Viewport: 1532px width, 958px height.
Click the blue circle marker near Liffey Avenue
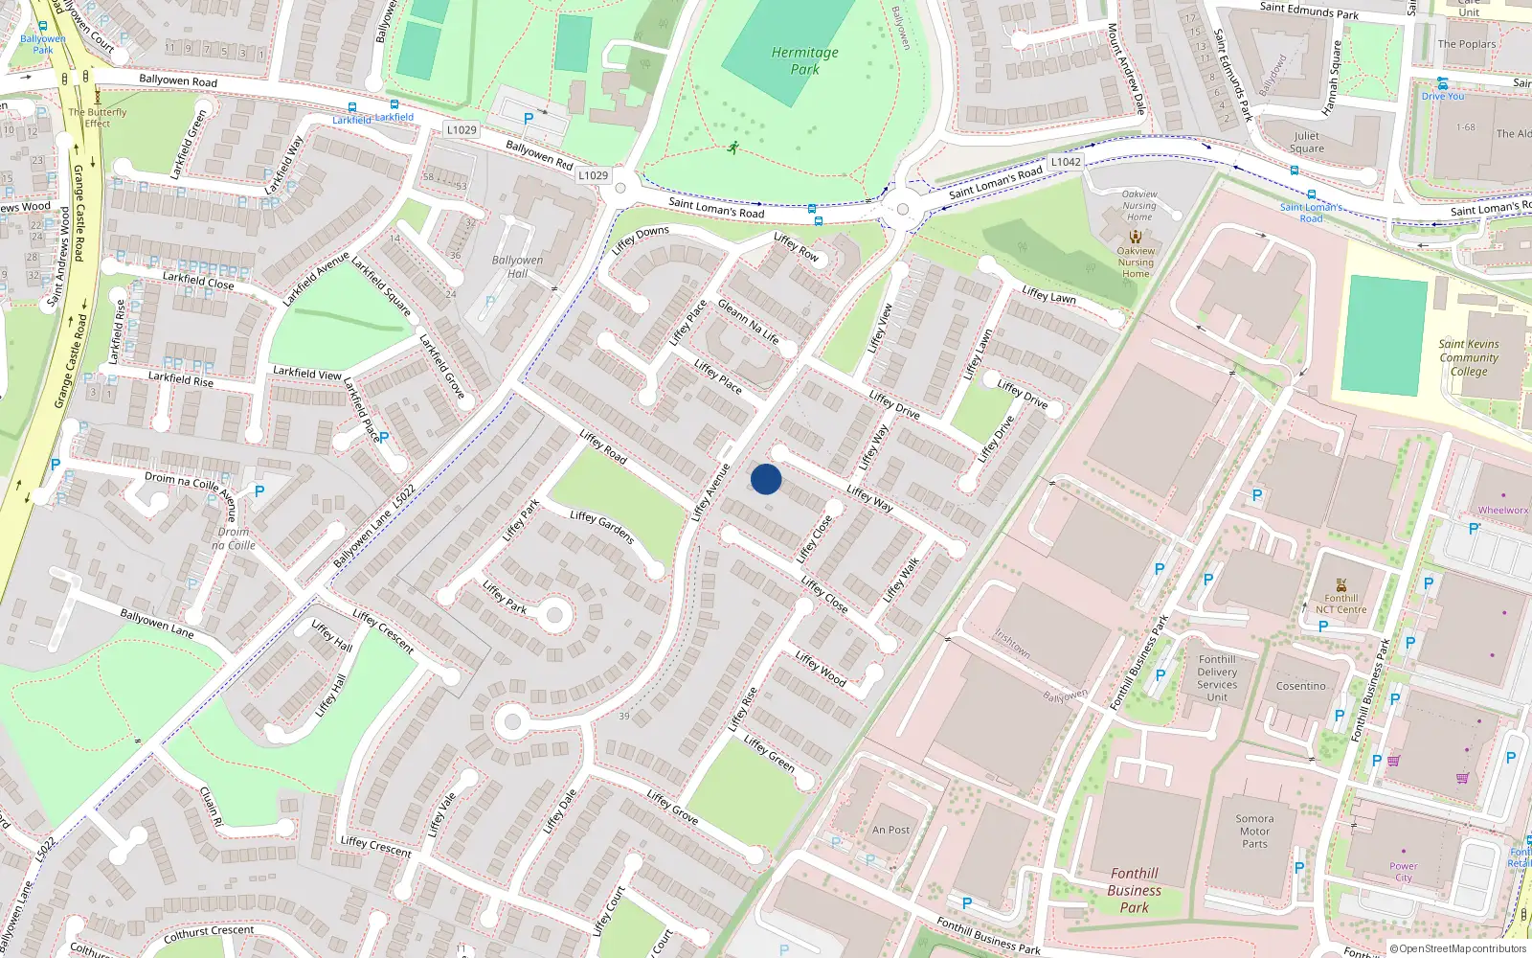tap(766, 479)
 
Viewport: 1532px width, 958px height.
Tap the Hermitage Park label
tap(804, 60)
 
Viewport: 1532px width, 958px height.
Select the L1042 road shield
tap(1066, 162)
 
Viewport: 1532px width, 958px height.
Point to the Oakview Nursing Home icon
tap(1136, 237)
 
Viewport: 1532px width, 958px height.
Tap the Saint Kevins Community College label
tap(1469, 357)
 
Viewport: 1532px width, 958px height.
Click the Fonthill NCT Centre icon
tap(1340, 584)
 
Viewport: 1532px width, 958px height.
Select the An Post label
tap(890, 830)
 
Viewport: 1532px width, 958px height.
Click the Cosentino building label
tap(1300, 686)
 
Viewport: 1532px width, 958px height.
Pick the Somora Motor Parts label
tap(1254, 832)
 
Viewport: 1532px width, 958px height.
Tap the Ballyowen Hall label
tap(517, 266)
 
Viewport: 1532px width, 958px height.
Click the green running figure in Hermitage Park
tap(733, 148)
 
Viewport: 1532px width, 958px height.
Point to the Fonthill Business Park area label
tap(1135, 890)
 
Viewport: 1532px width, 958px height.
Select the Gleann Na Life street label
tap(748, 323)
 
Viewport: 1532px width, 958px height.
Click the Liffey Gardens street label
tap(601, 527)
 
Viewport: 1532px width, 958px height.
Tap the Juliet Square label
tap(1306, 142)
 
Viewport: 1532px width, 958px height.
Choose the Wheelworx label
tap(1502, 511)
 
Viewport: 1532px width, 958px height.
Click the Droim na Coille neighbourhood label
tap(234, 538)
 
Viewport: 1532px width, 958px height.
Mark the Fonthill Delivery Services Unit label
tap(1217, 678)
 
